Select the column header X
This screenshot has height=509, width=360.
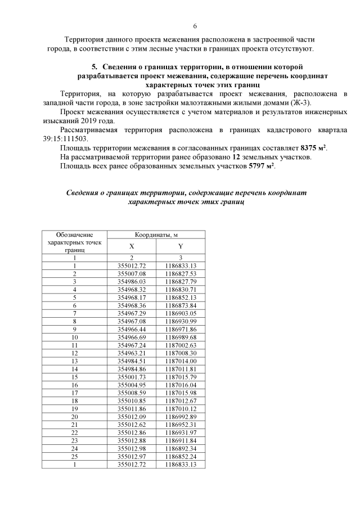(132, 246)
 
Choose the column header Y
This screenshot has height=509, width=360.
(181, 246)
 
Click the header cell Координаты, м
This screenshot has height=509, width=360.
(156, 235)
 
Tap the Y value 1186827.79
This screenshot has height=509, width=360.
(181, 281)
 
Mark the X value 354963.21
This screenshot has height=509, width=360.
(132, 353)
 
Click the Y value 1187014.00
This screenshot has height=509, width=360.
(181, 361)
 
